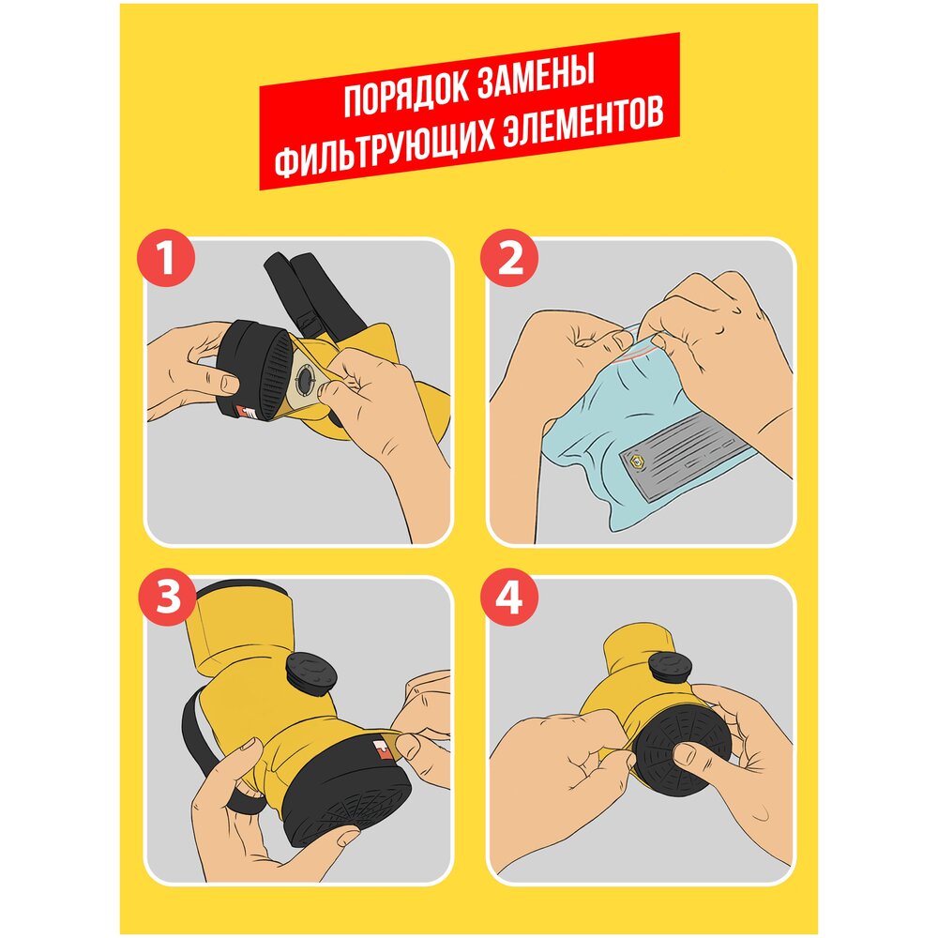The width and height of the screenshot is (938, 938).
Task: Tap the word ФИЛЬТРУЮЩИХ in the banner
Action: [384, 149]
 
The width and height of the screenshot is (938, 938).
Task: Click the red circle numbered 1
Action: [166, 258]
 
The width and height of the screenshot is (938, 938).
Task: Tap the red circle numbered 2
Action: [509, 258]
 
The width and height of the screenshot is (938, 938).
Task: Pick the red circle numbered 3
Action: [167, 597]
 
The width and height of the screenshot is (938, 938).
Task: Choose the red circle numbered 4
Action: [509, 597]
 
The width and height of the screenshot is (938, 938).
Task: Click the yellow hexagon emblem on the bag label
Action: [637, 461]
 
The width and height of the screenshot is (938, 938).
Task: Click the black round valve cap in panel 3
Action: [311, 673]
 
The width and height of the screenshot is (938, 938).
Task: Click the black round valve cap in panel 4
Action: [670, 666]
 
